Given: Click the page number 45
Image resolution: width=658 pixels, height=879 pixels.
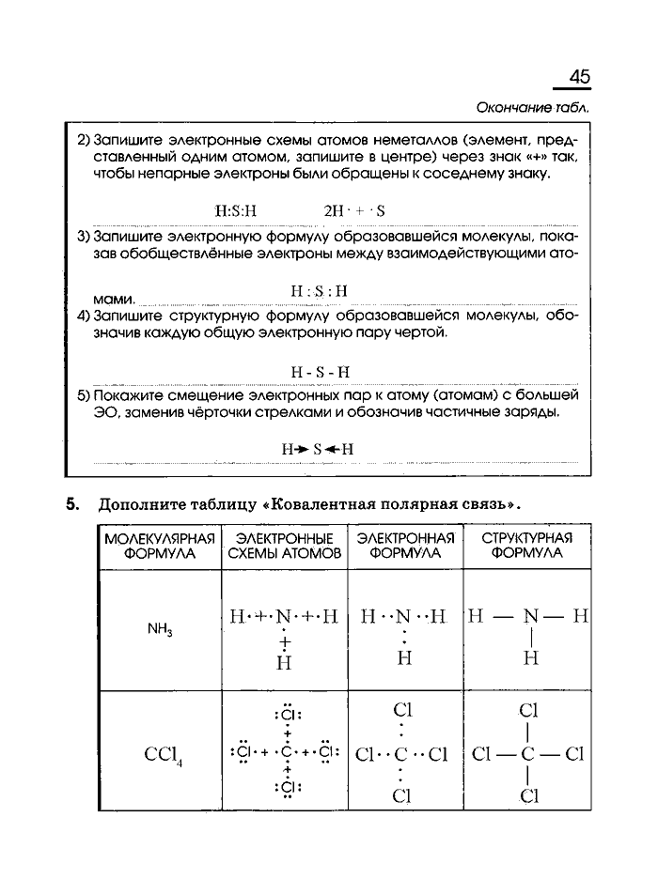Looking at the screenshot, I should [x=579, y=78].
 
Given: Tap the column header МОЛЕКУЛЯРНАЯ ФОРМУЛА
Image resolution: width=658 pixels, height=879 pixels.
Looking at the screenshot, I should [x=159, y=547].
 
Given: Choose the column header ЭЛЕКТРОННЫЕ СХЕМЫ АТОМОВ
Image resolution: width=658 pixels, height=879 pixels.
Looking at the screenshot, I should [x=284, y=547].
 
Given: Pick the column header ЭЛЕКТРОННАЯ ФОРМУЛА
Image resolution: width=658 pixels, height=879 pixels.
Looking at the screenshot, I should [x=405, y=547].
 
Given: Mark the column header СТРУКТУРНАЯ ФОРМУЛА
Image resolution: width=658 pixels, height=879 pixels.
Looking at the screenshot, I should [x=526, y=547].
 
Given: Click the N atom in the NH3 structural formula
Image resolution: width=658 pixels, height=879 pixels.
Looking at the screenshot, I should [x=530, y=617].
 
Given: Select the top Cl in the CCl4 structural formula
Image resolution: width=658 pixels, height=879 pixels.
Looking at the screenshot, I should [x=528, y=711].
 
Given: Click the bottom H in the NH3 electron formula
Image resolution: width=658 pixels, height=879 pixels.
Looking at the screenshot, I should [x=404, y=658].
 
